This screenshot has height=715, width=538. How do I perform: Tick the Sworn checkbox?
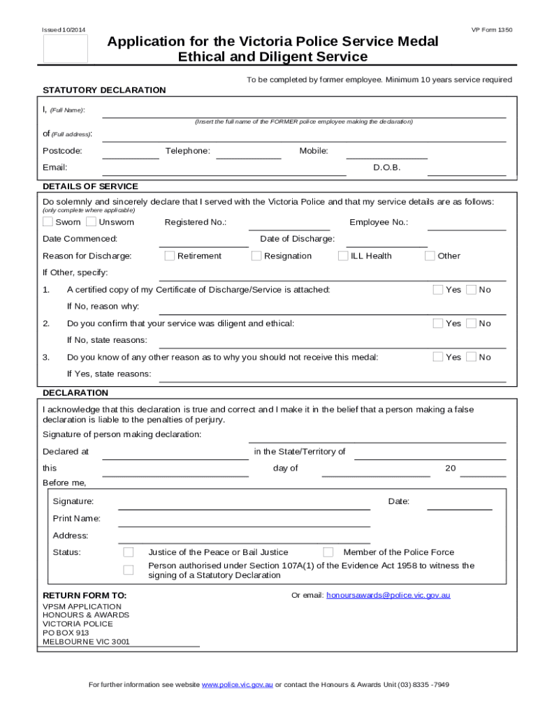point(48,222)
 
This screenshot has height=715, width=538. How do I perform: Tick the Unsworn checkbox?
point(91,222)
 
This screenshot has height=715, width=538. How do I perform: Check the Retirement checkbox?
point(170,256)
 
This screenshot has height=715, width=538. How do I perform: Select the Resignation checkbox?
point(256,256)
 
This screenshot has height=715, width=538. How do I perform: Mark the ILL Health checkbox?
point(343,256)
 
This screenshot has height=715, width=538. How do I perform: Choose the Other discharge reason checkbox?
point(430,256)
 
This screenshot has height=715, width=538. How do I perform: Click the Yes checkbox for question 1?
point(438,289)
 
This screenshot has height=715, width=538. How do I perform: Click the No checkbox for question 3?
point(472,357)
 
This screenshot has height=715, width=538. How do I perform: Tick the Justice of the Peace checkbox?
point(129,552)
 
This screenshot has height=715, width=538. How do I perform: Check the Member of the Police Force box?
point(328,552)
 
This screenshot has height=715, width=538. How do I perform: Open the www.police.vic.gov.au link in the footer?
point(237,684)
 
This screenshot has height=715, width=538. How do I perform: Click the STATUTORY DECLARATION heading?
point(104,90)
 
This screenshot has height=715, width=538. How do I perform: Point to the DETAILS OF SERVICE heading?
point(90,186)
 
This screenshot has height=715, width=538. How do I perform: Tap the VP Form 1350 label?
point(492,30)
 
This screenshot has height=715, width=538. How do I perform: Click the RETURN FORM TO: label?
point(85,595)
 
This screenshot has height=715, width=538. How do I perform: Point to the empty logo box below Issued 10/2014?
point(66,49)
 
